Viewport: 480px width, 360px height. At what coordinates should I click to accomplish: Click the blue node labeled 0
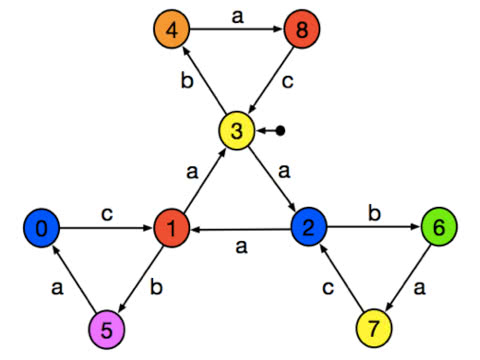tap(41, 229)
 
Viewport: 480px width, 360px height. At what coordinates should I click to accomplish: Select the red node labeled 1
tap(172, 229)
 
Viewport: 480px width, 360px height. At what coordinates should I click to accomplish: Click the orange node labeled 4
tap(173, 29)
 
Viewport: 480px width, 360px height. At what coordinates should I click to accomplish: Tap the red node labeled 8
tap(301, 29)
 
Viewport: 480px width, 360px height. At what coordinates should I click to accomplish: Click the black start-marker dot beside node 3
tap(282, 131)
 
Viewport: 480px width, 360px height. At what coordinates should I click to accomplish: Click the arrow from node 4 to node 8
tap(237, 29)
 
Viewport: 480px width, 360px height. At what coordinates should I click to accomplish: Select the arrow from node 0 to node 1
tap(106, 229)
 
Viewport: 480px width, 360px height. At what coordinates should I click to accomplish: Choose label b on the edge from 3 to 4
tap(187, 81)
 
